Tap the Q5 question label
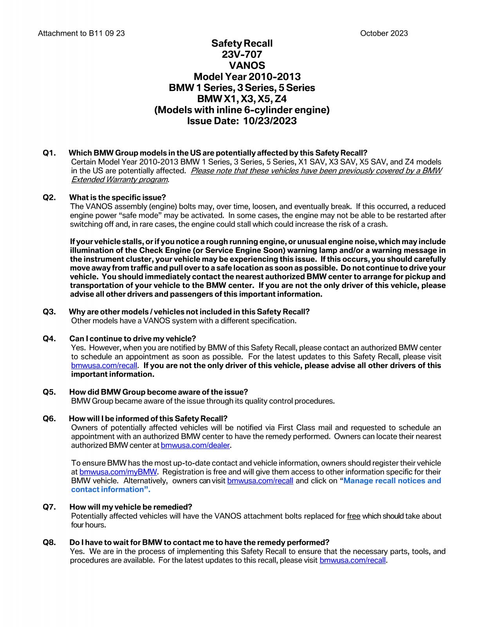[x=49, y=392]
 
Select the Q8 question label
[x=49, y=542]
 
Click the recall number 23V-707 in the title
[x=242, y=54]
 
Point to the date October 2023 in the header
[x=383, y=33]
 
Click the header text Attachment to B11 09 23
[x=81, y=33]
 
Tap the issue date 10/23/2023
[x=269, y=121]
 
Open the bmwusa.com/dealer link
[x=195, y=445]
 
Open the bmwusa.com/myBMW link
[x=118, y=472]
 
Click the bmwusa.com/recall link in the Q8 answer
[x=353, y=560]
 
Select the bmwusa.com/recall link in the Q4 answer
[x=104, y=366]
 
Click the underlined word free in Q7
[x=354, y=516]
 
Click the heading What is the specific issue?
[x=117, y=197]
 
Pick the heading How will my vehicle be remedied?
[x=131, y=507]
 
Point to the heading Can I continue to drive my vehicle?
[x=132, y=339]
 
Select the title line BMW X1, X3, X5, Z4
[x=242, y=99]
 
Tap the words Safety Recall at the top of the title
[x=242, y=43]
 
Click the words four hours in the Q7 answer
[x=88, y=525]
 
